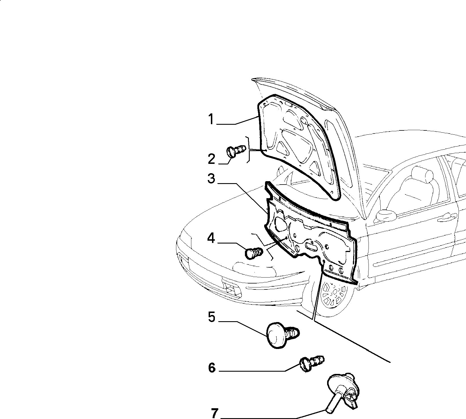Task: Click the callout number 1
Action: [211, 119]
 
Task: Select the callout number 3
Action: [211, 179]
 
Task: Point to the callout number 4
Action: [211, 238]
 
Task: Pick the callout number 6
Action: [212, 368]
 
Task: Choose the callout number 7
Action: [215, 414]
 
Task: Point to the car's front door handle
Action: [447, 218]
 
